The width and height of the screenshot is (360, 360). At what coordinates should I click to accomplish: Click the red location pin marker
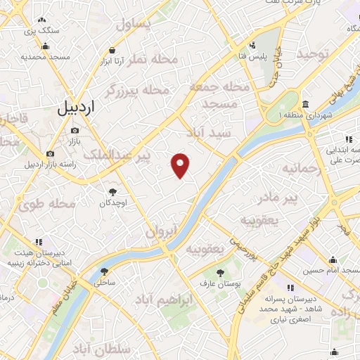tap(181, 165)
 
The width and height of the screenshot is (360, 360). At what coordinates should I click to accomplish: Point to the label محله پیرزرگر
tap(137, 91)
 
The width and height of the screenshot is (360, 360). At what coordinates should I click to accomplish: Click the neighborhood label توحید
tap(311, 53)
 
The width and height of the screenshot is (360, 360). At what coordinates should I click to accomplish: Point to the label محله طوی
tap(47, 205)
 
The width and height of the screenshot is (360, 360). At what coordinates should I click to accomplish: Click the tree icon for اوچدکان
tap(112, 191)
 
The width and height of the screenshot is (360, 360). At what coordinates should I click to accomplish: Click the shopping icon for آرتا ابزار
tap(112, 50)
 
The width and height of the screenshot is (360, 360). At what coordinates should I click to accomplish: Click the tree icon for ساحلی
tap(104, 271)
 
